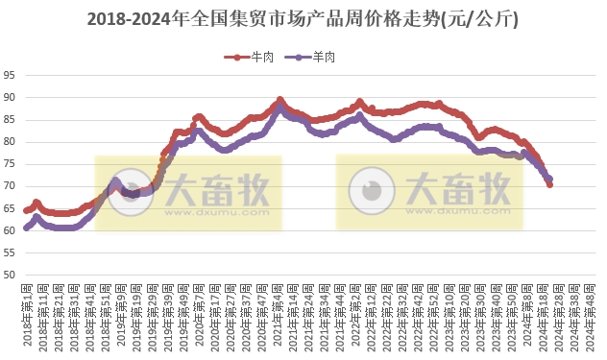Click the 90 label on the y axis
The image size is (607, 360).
pyautogui.click(x=9, y=97)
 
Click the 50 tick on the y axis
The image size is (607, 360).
pyautogui.click(x=9, y=276)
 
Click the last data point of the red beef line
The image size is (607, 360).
pyautogui.click(x=549, y=184)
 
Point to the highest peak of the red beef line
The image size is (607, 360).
pyautogui.click(x=279, y=99)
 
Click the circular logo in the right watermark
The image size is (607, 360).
pyautogui.click(x=371, y=192)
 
